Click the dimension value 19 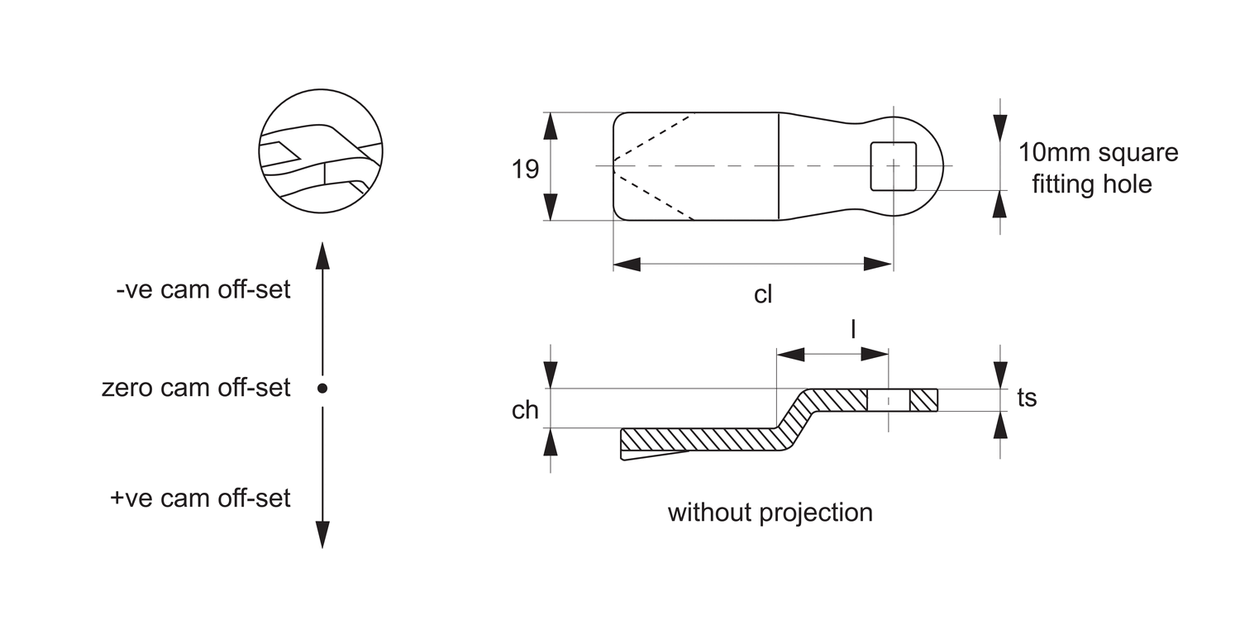[525, 169]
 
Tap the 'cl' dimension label [763, 294]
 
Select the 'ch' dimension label [525, 410]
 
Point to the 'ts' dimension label [1027, 398]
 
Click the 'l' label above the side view [853, 329]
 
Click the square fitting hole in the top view [894, 165]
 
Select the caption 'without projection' [770, 513]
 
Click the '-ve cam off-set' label [203, 290]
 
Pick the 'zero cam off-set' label [196, 387]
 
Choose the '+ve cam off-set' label [200, 498]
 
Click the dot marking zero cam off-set [322, 388]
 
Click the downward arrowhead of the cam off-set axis [322, 534]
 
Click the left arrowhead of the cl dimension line [627, 265]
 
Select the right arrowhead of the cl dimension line [878, 265]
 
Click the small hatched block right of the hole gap [923, 400]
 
